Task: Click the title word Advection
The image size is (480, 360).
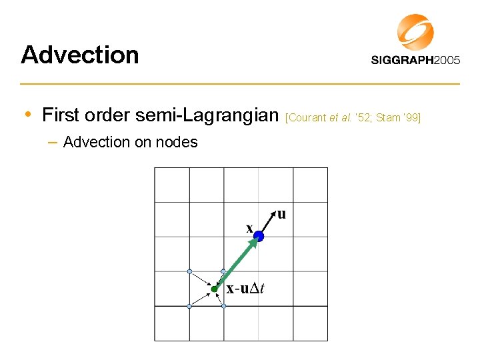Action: (x=80, y=55)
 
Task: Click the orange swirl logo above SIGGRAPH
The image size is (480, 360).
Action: (x=415, y=31)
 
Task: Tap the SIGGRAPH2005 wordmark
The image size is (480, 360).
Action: (x=415, y=60)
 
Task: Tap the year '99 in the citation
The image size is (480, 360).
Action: (x=411, y=118)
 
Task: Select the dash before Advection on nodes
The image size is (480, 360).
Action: (x=52, y=142)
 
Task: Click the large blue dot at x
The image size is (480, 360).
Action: (x=259, y=237)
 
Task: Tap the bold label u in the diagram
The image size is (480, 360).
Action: (x=281, y=214)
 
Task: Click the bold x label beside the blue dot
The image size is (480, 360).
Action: (x=249, y=229)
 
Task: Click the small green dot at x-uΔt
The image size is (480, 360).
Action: (x=214, y=289)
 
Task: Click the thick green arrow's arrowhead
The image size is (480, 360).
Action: (x=254, y=243)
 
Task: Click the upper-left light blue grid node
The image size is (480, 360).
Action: (x=189, y=271)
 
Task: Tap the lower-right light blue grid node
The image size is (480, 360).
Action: (x=224, y=306)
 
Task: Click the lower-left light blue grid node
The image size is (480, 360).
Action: (x=189, y=306)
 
